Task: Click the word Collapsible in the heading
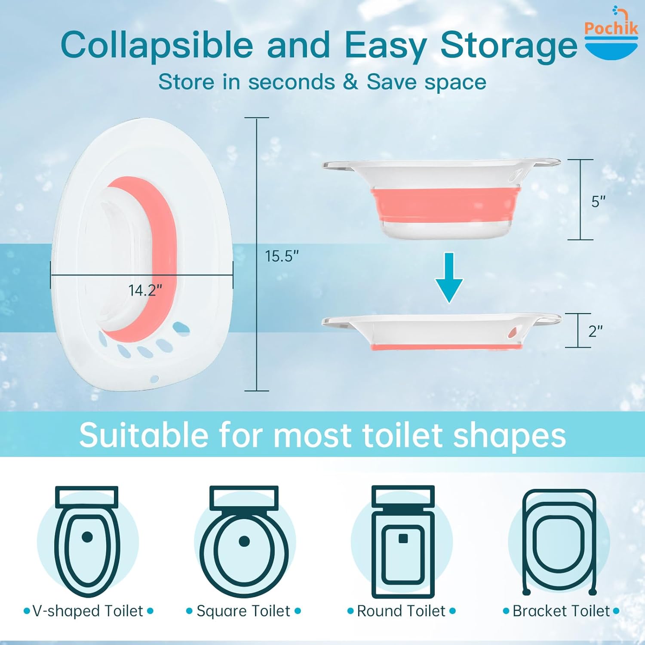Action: tap(157, 45)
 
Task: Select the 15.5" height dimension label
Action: tap(282, 256)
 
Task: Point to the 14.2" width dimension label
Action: tap(145, 291)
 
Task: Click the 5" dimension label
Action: tap(598, 201)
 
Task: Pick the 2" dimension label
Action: tap(595, 331)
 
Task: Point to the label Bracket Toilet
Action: tap(561, 611)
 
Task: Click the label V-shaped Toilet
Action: tap(88, 611)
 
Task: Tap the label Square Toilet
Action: tap(243, 611)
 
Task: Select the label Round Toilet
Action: tap(401, 611)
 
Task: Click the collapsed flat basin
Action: tap(443, 331)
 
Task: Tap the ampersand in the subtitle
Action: tap(350, 82)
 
